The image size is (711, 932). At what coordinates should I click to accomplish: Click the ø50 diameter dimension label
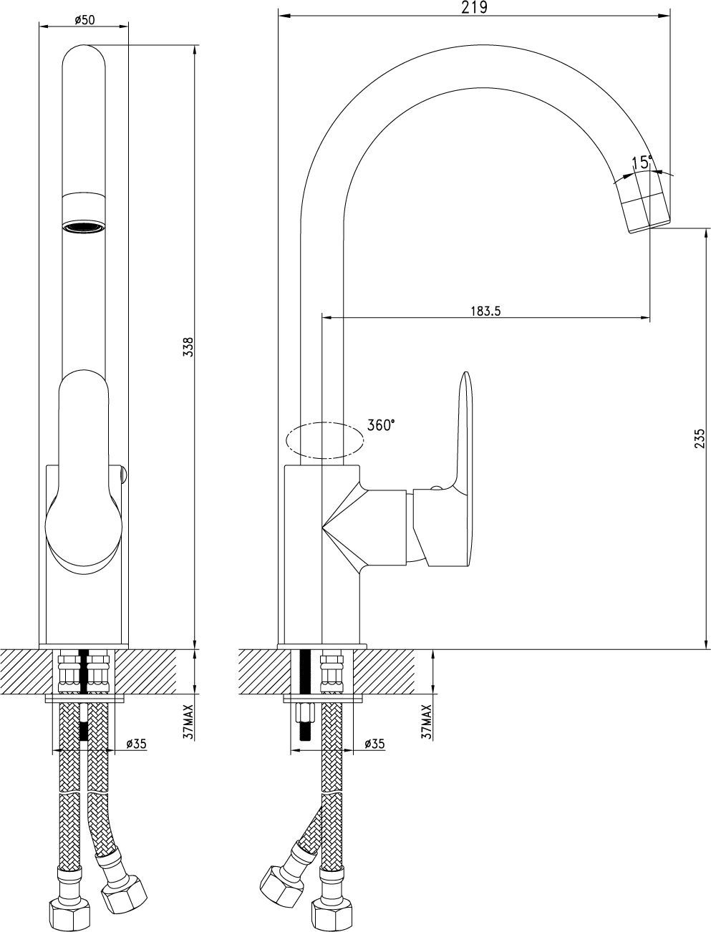point(84,19)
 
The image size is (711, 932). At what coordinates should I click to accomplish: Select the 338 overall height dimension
point(188,346)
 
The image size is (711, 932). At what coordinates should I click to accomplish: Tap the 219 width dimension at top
point(474,7)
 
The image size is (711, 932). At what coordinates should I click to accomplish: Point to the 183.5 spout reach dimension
point(485,311)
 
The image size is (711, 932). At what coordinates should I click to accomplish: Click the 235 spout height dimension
point(700,438)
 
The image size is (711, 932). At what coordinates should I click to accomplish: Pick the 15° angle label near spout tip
point(642,162)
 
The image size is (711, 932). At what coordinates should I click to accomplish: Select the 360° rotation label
point(381,425)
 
